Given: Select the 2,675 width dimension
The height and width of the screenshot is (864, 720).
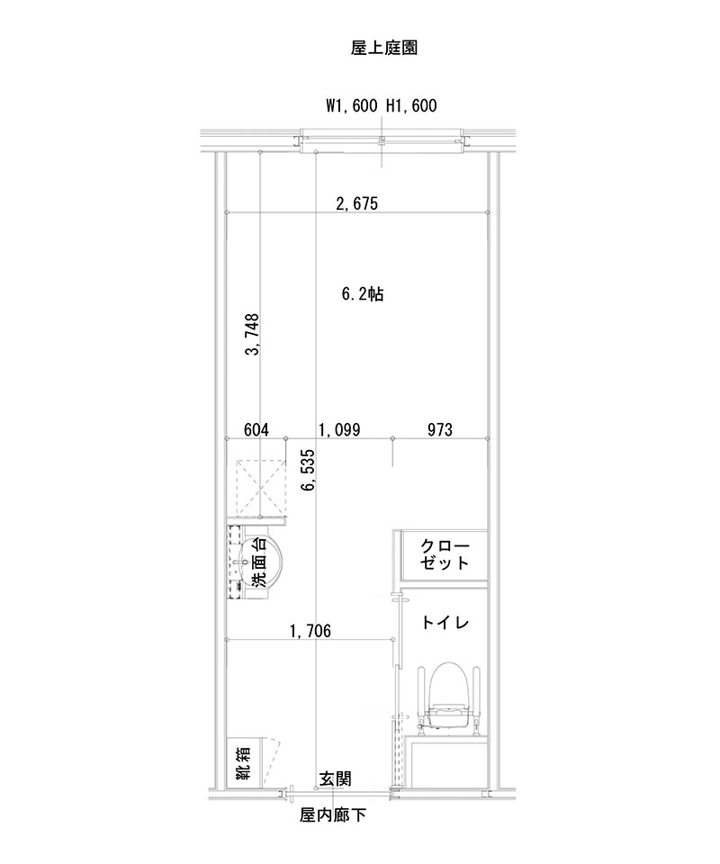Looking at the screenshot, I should coord(356,203).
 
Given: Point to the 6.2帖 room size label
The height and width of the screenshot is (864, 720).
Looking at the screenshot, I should coord(363,294).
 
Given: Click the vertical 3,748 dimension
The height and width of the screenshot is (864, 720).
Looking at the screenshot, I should coord(253,334).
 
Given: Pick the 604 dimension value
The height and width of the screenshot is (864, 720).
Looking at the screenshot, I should coord(257,429).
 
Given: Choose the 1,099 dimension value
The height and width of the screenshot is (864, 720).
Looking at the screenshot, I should coord(338,429).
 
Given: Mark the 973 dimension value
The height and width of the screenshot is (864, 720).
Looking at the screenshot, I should coord(439,429).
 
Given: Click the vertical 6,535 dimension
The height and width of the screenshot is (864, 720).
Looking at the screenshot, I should coord(309,471).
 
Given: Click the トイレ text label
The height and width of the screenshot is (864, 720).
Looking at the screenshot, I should coord(445,622).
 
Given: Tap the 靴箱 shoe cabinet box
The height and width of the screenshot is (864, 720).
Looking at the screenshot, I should coord(243,762).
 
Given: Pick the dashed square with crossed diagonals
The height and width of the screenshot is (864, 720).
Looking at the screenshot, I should coord(260,490).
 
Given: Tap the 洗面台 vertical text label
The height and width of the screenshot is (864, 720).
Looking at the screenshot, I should coord(258,565).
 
